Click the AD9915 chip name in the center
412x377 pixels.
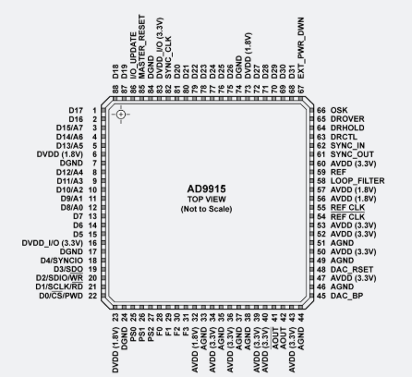tap(206, 188)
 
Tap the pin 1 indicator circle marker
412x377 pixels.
tap(121, 115)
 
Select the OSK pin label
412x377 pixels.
tap(339, 110)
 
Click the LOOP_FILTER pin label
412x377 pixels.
tap(357, 181)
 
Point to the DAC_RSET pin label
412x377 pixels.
tap(352, 270)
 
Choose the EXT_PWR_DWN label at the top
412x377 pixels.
tap(301, 48)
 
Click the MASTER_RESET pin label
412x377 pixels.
tap(141, 46)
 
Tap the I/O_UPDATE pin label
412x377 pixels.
tap(133, 55)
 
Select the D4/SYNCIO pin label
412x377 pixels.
tap(62, 261)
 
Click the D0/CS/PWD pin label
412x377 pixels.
tap(61, 296)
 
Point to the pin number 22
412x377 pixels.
tap(92, 296)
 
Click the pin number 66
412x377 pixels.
tap(321, 110)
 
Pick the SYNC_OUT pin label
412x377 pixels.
tap(352, 154)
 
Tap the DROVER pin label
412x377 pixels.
tap(347, 119)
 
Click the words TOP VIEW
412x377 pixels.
tap(207, 200)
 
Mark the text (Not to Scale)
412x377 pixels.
tap(206, 209)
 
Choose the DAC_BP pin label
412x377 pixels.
tap(346, 296)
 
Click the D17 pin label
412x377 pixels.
tap(76, 110)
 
